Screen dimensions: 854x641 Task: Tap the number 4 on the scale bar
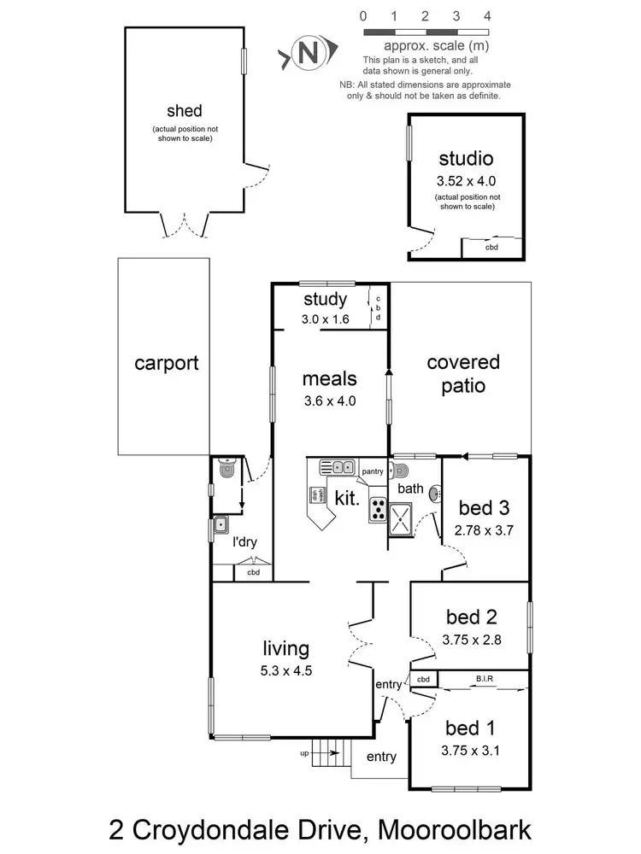pyautogui.click(x=487, y=15)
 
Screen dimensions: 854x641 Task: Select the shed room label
pyautogui.click(x=185, y=110)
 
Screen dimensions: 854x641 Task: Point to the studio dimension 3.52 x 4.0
pyautogui.click(x=466, y=180)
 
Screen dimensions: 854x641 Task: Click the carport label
pyautogui.click(x=167, y=363)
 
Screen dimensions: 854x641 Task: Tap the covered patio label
pyautogui.click(x=463, y=374)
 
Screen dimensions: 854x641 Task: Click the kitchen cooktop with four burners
pyautogui.click(x=378, y=510)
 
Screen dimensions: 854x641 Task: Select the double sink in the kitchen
pyautogui.click(x=338, y=467)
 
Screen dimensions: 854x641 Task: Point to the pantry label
pyautogui.click(x=373, y=471)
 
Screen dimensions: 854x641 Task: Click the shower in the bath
pyautogui.click(x=400, y=517)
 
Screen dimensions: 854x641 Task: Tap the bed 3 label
pyautogui.click(x=484, y=509)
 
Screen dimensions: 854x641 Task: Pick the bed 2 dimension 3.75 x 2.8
pyautogui.click(x=472, y=637)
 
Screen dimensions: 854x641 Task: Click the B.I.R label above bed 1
pyautogui.click(x=484, y=679)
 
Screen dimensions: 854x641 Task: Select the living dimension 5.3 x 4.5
pyautogui.click(x=286, y=670)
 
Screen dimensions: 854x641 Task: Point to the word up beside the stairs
pyautogui.click(x=304, y=754)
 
